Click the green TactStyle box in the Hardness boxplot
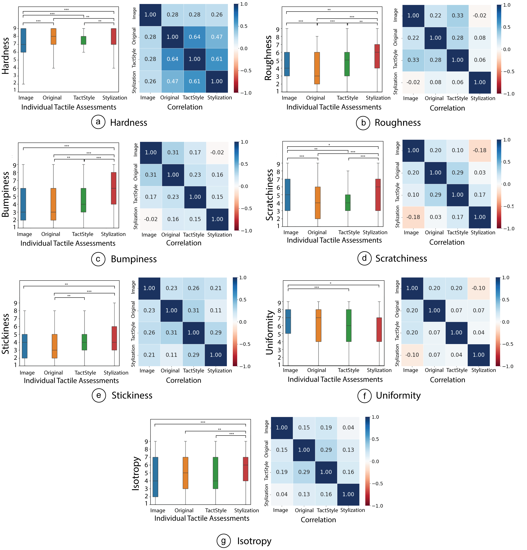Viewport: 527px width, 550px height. click(x=84, y=40)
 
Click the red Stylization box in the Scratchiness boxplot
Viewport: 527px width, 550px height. click(x=378, y=195)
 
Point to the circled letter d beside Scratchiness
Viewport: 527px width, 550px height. click(x=364, y=258)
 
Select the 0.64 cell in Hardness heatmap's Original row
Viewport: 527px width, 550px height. click(x=194, y=37)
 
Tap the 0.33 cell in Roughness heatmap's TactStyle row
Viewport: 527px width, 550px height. click(x=413, y=60)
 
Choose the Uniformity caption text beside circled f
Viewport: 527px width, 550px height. click(x=398, y=395)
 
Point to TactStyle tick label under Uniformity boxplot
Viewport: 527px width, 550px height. click(x=348, y=370)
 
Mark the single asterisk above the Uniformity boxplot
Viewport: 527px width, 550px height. click(x=331, y=283)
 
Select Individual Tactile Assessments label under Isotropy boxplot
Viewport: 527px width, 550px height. click(x=202, y=518)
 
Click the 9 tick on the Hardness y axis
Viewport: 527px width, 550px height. click(x=14, y=28)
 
